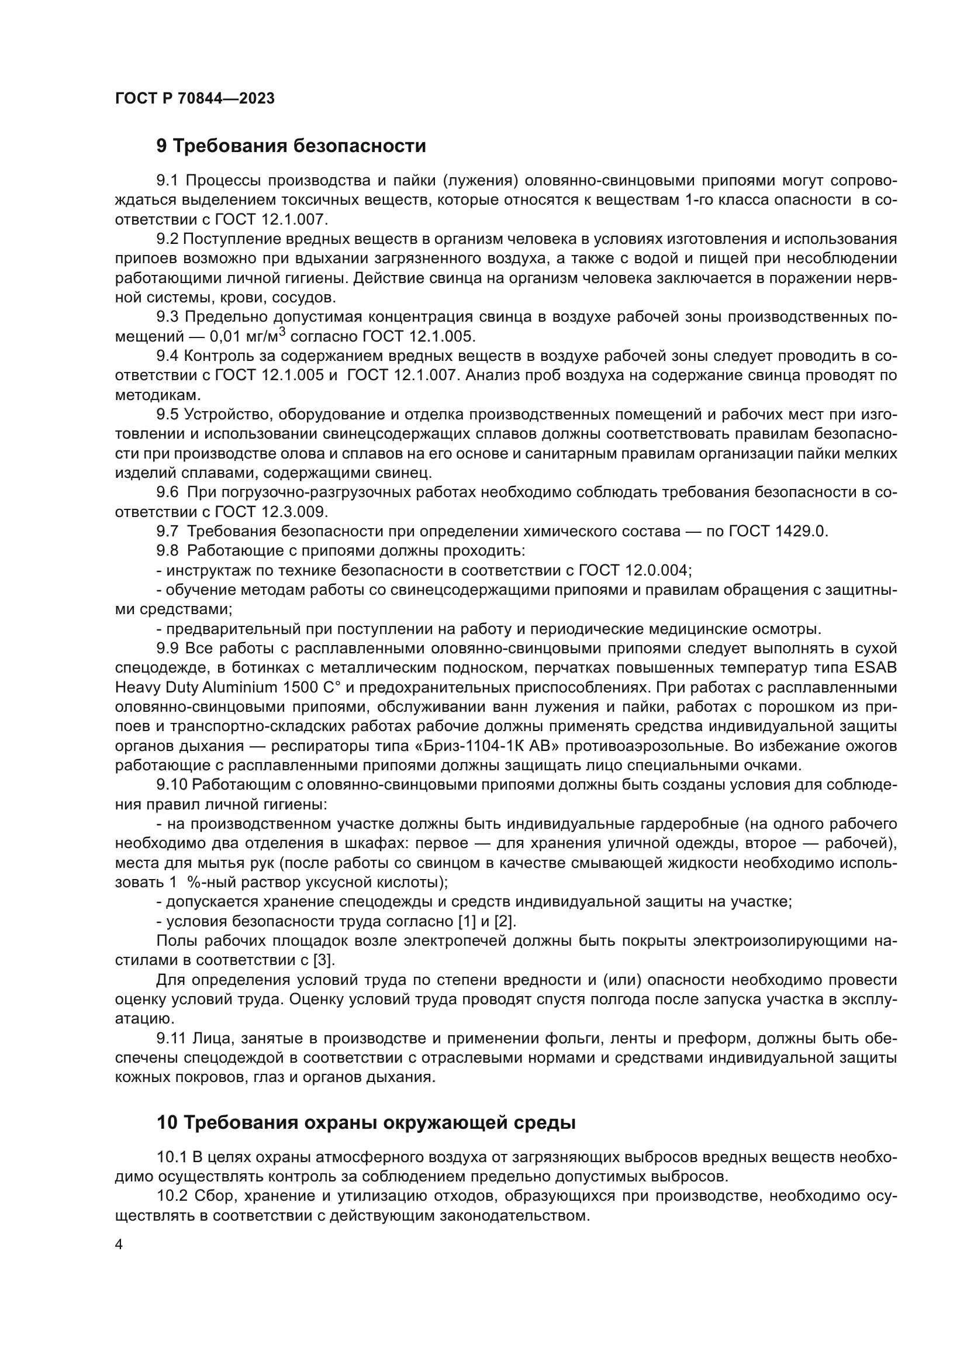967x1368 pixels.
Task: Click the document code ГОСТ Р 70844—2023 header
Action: coord(195,98)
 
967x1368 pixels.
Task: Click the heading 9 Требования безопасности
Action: coord(291,146)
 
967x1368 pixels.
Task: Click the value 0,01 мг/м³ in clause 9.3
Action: coord(248,337)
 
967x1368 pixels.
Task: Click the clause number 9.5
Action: coord(167,414)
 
